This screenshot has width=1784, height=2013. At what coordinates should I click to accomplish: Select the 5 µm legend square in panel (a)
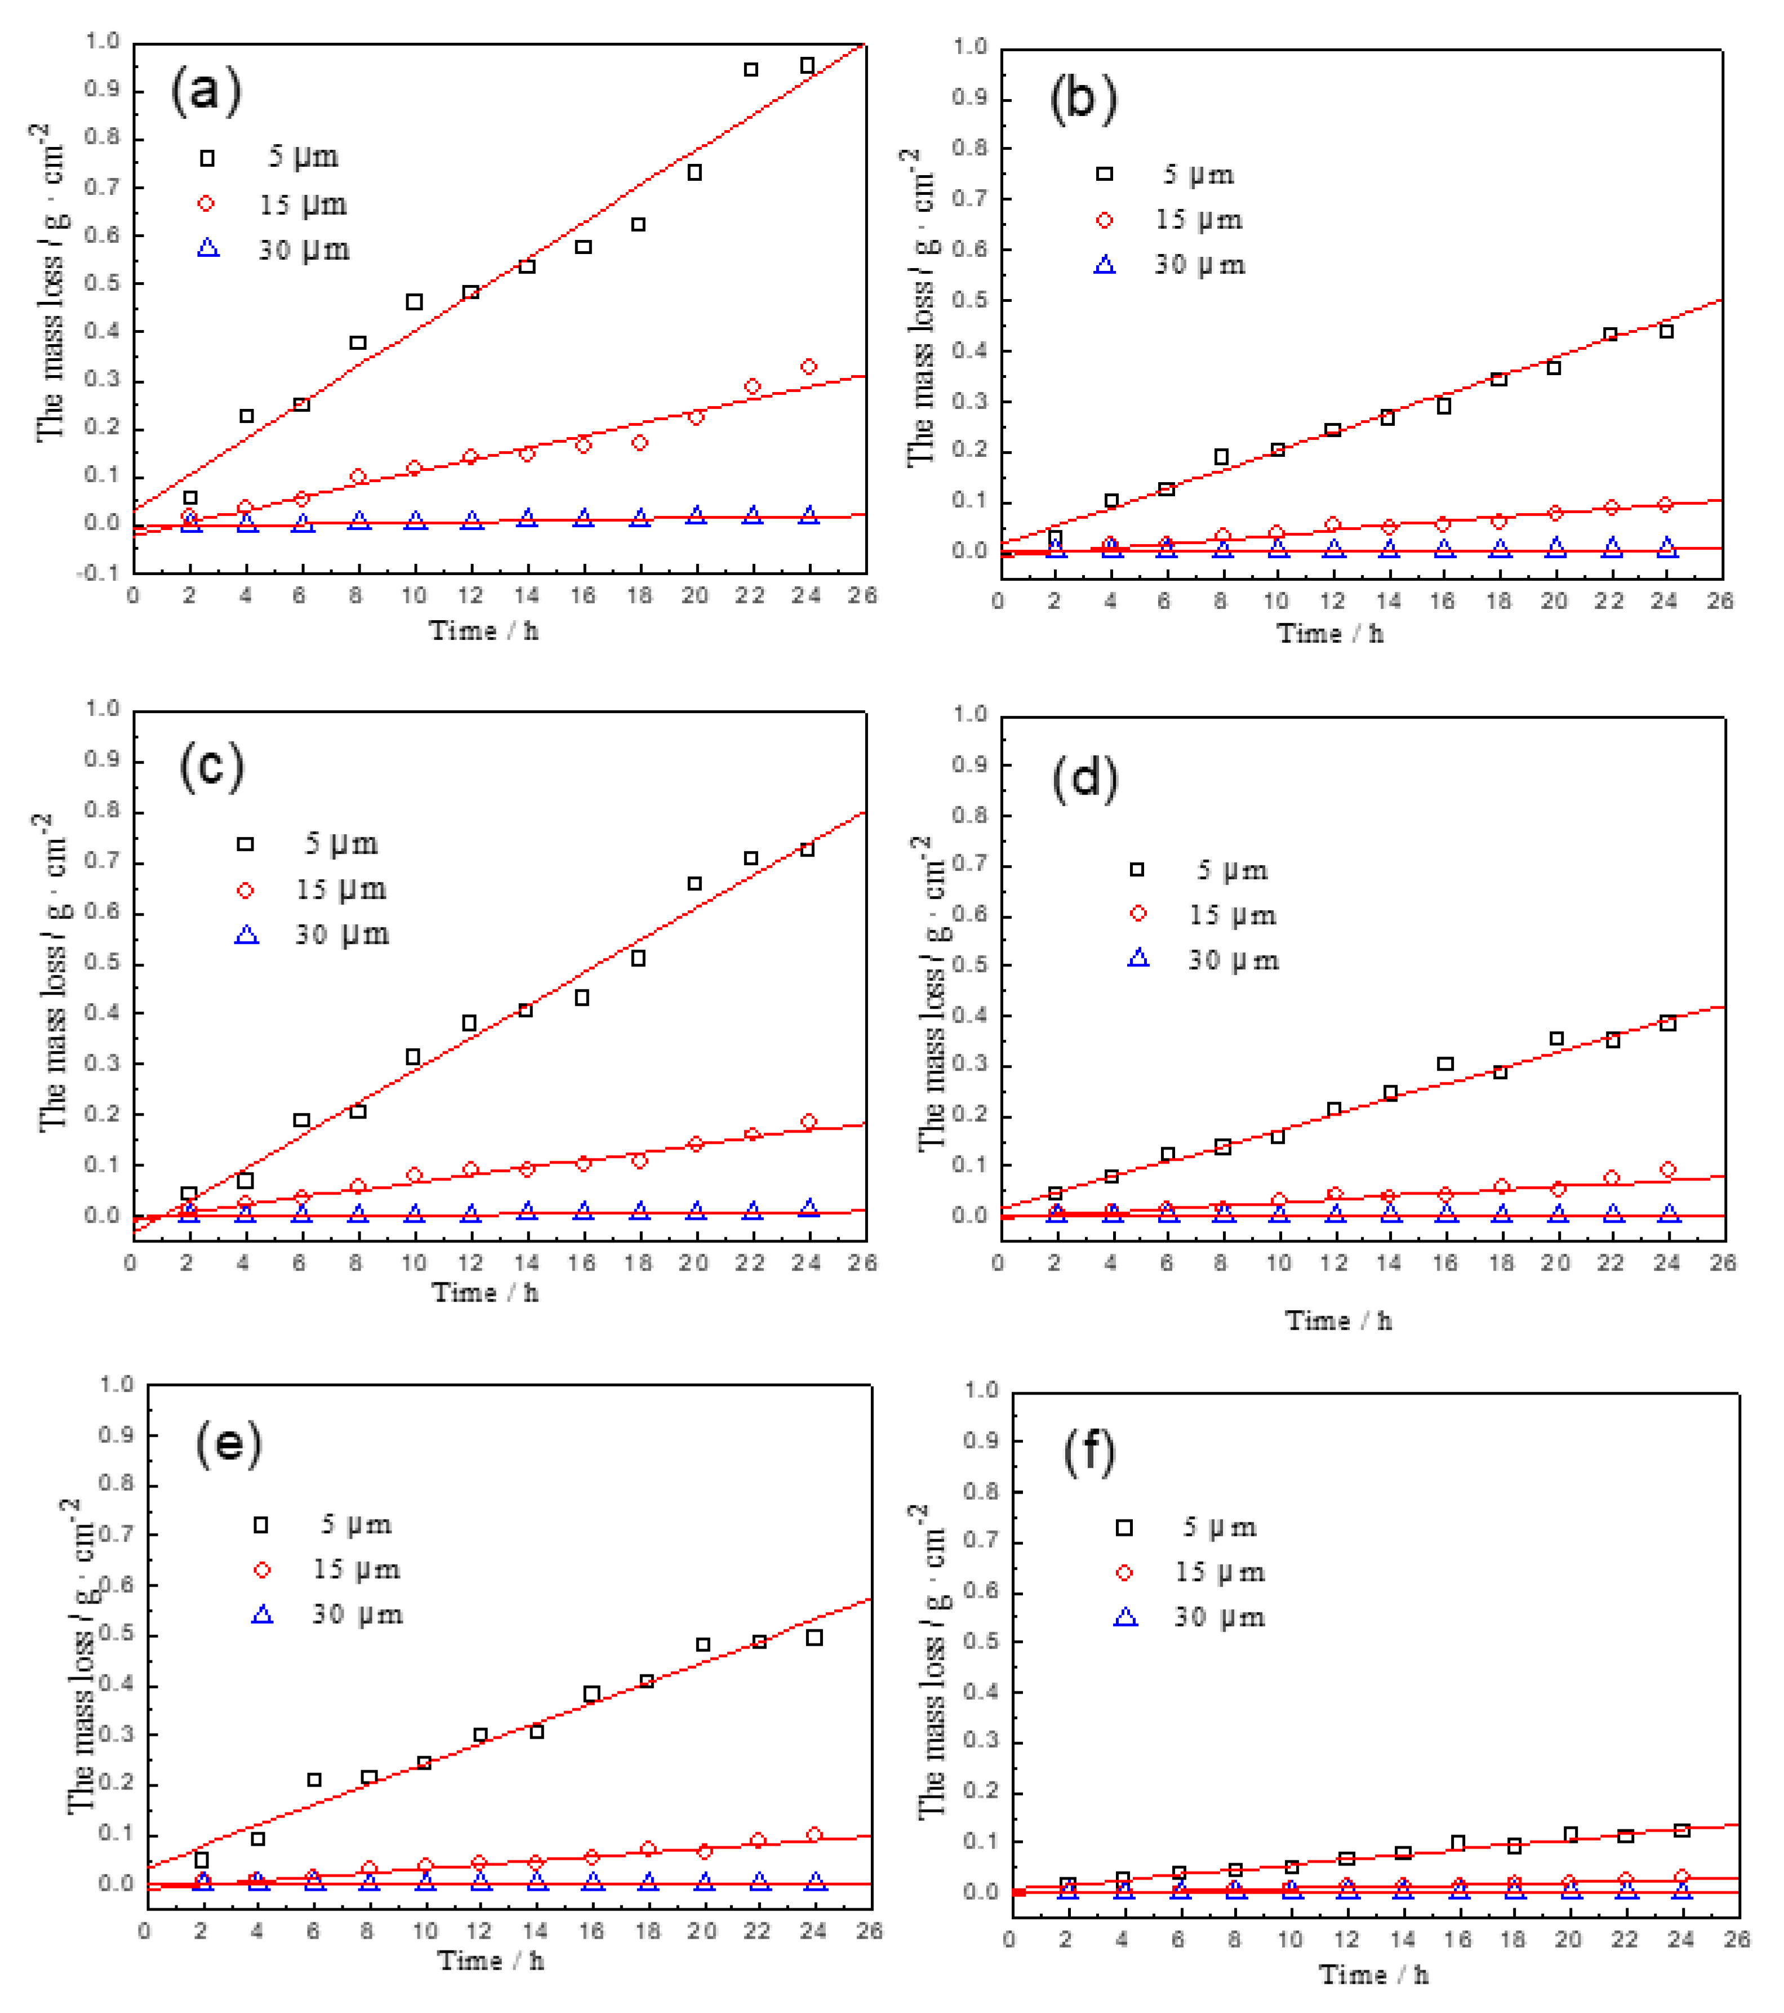click(207, 158)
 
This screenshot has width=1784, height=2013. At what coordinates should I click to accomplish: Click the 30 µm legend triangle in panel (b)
click(1105, 265)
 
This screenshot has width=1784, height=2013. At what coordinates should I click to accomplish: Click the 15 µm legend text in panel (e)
click(357, 1569)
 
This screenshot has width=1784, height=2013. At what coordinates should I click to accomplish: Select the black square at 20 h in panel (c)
click(695, 883)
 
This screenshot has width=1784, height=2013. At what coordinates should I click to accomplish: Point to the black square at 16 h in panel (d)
click(1445, 1063)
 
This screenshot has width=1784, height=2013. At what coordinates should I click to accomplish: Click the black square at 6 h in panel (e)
click(314, 1780)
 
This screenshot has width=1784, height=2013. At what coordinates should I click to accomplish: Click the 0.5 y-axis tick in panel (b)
click(968, 300)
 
